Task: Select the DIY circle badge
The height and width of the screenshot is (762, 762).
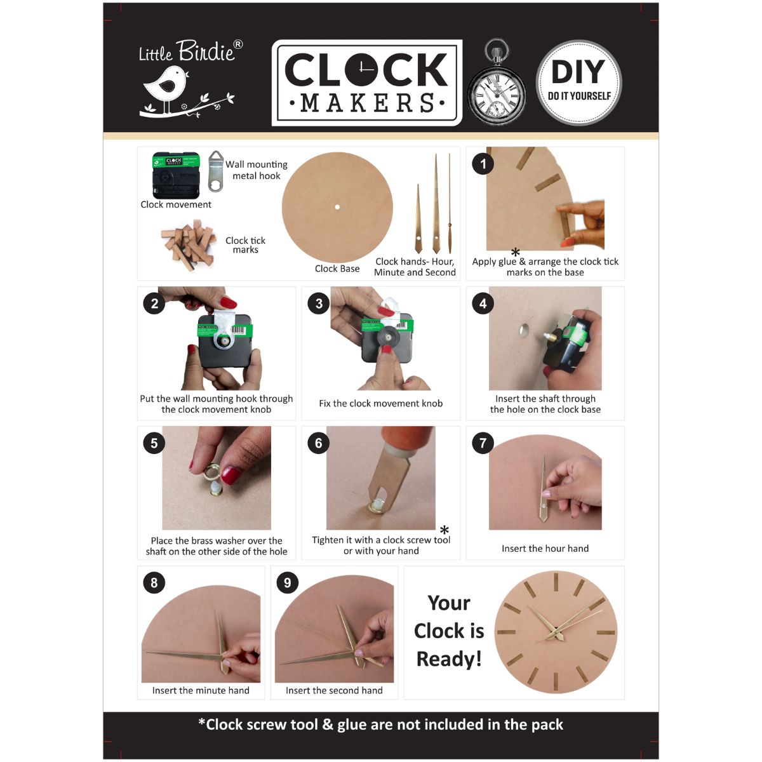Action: [x=578, y=83]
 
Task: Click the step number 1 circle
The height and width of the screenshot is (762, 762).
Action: [x=483, y=164]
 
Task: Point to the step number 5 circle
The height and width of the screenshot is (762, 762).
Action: [x=154, y=443]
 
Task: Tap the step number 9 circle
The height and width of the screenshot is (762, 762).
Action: [x=287, y=582]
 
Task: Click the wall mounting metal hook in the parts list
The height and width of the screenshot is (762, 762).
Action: [x=216, y=170]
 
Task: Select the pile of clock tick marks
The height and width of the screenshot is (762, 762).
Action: [x=186, y=244]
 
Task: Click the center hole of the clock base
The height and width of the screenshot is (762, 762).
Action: [x=338, y=207]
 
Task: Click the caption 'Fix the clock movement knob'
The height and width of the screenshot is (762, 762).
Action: [x=380, y=403]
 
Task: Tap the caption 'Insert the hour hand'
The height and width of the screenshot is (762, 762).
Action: [x=545, y=549]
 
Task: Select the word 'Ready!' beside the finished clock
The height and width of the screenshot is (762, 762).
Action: [x=449, y=659]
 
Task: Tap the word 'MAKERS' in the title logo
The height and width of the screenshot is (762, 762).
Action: [x=367, y=103]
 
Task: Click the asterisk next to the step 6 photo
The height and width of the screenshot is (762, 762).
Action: [x=444, y=530]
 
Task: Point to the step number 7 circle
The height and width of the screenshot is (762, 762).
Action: [x=483, y=443]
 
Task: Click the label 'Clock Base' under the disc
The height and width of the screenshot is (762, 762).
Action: [x=337, y=269]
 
